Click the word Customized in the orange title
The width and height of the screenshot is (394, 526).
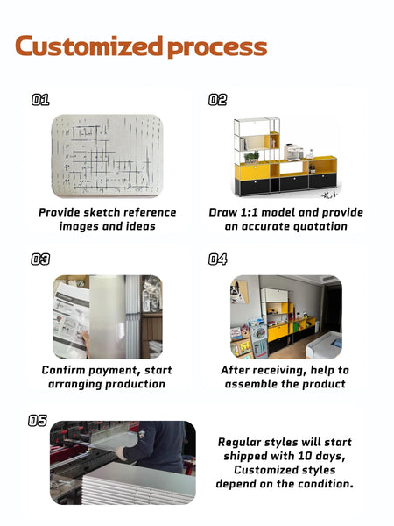[x=88, y=46]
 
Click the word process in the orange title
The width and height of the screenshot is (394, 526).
[x=217, y=48]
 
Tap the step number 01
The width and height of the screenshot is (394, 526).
[x=40, y=100]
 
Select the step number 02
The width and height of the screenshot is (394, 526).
[x=217, y=100]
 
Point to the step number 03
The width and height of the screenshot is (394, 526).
[x=40, y=259]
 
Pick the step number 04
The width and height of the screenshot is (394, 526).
[x=217, y=259]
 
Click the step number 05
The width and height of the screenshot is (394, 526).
[x=38, y=420]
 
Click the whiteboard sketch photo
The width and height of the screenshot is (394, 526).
[x=107, y=156]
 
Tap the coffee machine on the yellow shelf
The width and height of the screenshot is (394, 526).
[x=292, y=152]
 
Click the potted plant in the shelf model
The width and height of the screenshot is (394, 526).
[x=252, y=157]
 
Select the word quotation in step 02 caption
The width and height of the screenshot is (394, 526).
[x=320, y=226]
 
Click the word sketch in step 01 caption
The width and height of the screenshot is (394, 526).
[x=102, y=212]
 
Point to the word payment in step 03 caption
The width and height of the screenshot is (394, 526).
[x=114, y=370]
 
